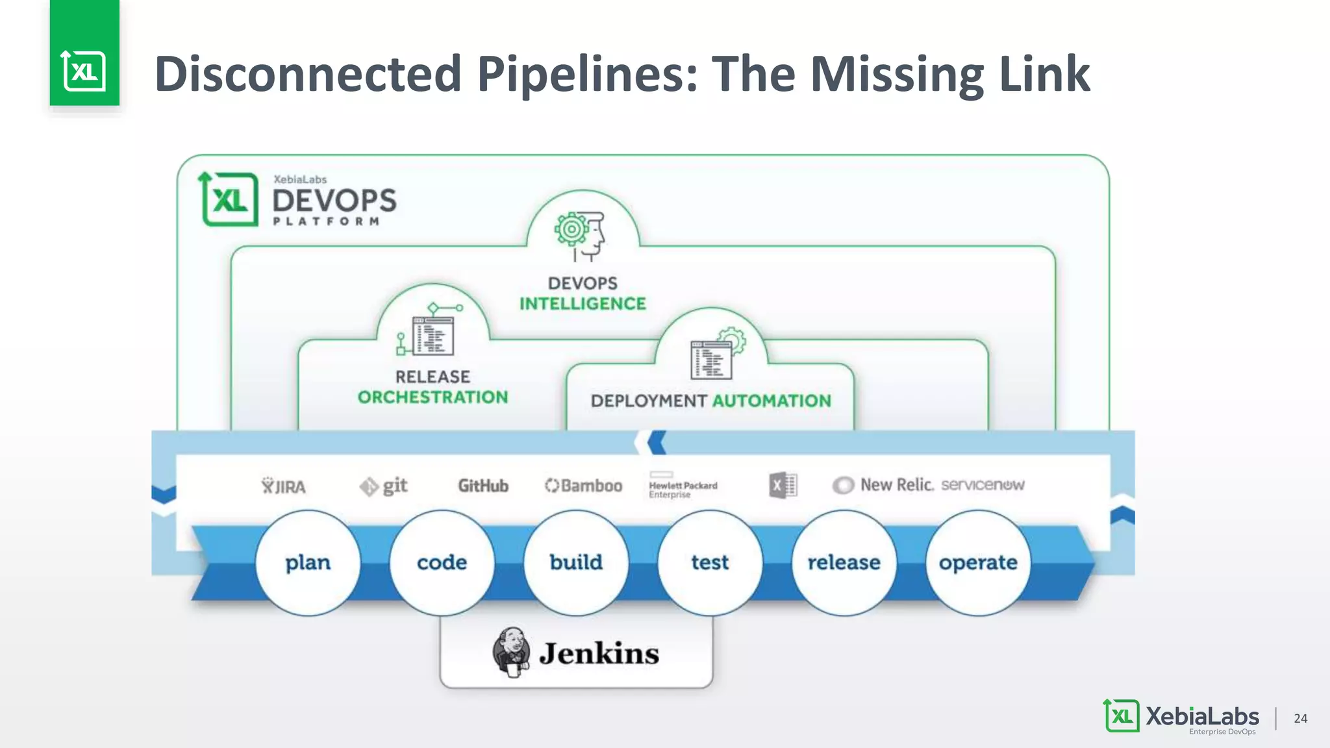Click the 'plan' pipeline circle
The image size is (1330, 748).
pos(308,562)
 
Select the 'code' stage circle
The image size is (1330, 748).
pos(442,562)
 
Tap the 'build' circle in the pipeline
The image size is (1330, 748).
pos(576,562)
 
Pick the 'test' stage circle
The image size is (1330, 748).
pos(710,562)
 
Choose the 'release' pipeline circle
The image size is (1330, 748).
pos(844,562)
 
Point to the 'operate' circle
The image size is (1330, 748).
pos(978,562)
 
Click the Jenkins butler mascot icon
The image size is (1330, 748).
pos(512,652)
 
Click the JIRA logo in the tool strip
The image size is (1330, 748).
pos(284,486)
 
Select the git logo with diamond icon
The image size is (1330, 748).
pos(384,486)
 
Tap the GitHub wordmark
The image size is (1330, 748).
pos(483,486)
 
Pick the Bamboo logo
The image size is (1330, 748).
pos(583,486)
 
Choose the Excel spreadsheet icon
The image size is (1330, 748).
pos(783,485)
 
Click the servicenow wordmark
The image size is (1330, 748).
pos(982,485)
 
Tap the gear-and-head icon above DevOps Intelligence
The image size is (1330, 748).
pos(580,234)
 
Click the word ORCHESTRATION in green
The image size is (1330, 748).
pos(433,397)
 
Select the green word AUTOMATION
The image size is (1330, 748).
pos(772,401)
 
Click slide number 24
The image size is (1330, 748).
pos(1300,718)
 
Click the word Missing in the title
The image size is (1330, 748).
pos(898,75)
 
